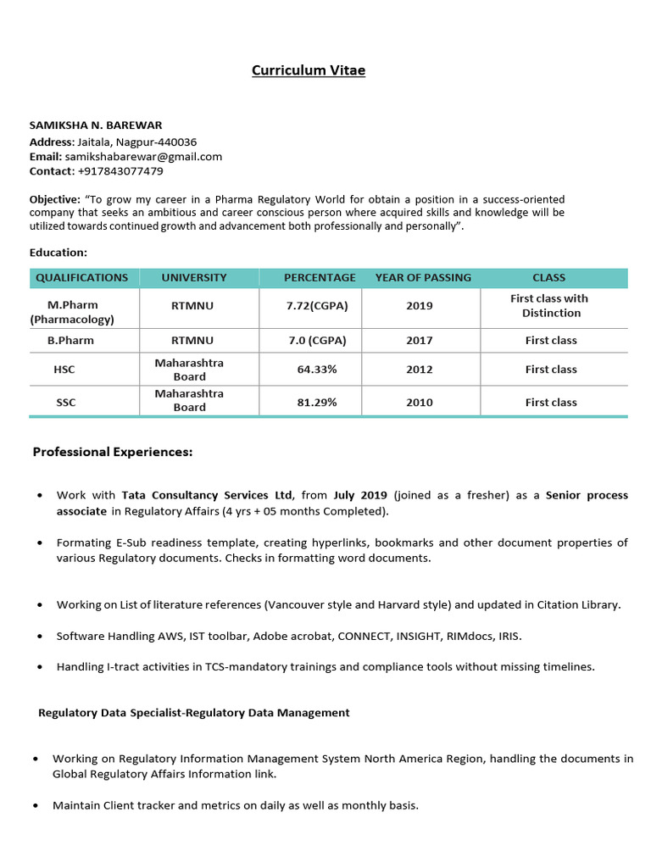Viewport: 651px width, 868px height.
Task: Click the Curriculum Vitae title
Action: [309, 70]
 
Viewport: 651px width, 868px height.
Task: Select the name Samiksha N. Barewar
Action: [96, 125]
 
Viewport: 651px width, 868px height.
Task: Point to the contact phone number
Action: [120, 171]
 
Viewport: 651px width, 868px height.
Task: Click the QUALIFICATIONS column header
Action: [82, 277]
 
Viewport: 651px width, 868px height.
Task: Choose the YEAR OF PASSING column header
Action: [423, 277]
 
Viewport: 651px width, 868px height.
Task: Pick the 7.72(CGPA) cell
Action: [317, 306]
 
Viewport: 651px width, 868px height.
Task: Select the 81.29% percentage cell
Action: [317, 403]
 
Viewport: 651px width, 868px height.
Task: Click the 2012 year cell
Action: [419, 370]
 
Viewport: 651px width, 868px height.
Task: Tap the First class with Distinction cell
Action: [550, 306]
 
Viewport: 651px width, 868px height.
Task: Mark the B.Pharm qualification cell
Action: [70, 340]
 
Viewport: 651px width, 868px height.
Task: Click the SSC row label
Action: [66, 403]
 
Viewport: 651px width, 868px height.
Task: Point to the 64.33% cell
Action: [317, 370]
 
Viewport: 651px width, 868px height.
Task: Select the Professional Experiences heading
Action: [113, 452]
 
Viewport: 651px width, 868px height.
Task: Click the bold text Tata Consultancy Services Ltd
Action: [207, 495]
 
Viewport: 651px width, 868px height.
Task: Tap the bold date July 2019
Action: [360, 495]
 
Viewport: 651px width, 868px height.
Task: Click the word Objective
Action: [53, 199]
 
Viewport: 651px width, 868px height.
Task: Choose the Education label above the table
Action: [58, 253]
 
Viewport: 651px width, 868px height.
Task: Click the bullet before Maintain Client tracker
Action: [35, 805]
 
